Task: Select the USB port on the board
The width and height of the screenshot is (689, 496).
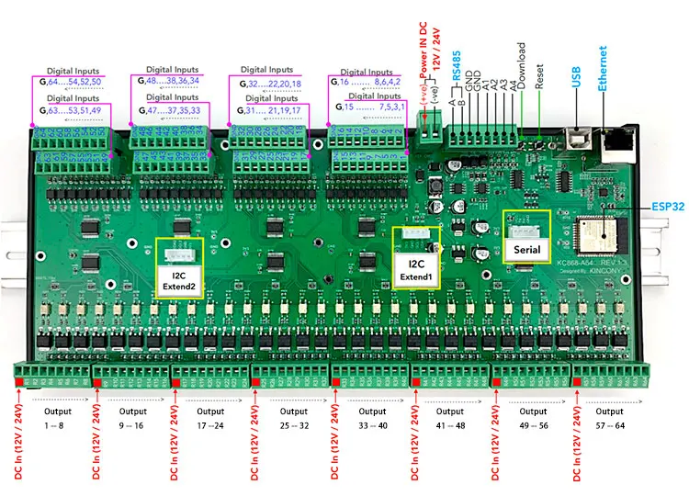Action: coord(579,139)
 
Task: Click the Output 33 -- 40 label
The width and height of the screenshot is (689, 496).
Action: coord(371,419)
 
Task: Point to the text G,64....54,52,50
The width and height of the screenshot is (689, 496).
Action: coord(72,83)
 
